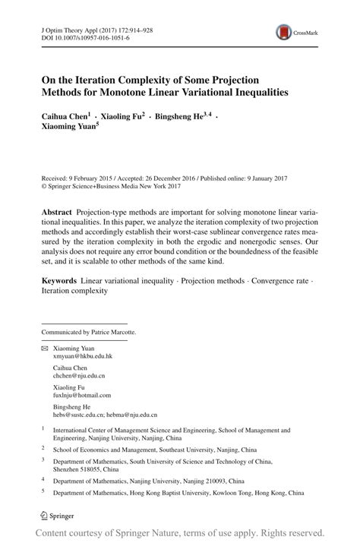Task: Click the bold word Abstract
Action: pos(58,209)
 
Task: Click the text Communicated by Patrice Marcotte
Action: pos(89,331)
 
